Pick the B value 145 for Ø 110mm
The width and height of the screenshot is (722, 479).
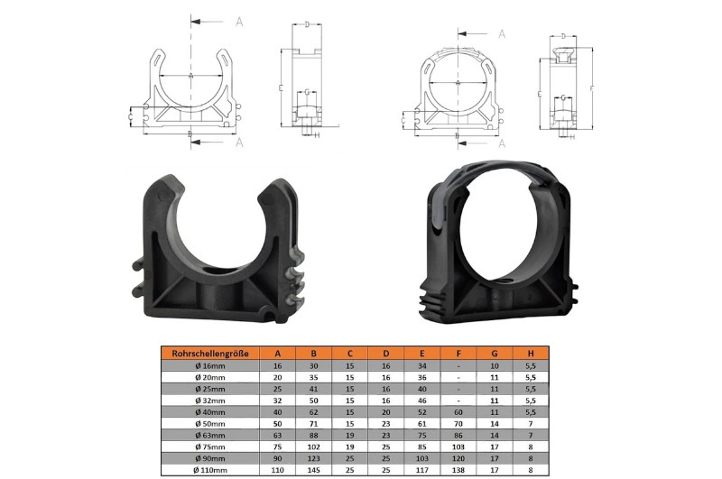(313, 469)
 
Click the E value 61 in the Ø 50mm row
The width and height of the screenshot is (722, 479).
(420, 420)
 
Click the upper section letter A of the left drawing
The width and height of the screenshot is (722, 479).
(239, 20)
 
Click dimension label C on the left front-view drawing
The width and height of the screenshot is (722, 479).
(132, 116)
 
